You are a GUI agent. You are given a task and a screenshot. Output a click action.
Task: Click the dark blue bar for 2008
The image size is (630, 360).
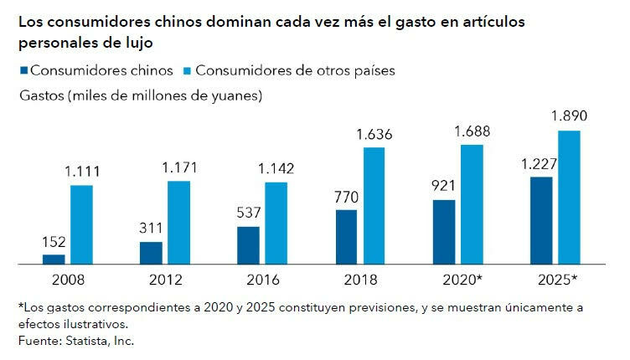[x=54, y=259]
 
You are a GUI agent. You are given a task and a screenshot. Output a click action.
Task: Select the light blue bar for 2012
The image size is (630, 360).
[x=178, y=222]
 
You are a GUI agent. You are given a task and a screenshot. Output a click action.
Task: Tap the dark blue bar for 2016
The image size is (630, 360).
[x=248, y=244]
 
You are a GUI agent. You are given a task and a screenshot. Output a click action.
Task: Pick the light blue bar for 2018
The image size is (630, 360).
[x=374, y=205]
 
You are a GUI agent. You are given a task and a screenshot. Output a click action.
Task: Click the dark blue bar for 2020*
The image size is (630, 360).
[x=444, y=231]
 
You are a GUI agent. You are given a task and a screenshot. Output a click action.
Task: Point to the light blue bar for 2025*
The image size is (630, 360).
[x=569, y=197]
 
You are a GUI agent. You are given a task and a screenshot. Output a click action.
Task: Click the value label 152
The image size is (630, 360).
[x=54, y=243]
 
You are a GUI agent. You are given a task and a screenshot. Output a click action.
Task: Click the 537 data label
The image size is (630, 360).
[x=248, y=214]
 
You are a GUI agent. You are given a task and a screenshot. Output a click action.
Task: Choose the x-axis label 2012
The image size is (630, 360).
[x=164, y=278]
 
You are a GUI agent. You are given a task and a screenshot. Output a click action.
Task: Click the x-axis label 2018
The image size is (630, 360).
[x=359, y=278]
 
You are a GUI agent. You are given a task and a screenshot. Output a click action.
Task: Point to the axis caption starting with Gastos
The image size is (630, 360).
[x=140, y=95]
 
